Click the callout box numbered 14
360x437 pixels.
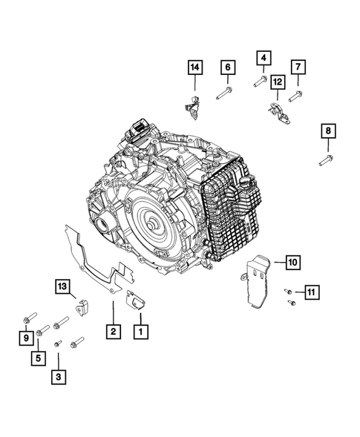195,68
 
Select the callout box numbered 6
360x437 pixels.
228,68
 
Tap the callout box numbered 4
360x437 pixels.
264,58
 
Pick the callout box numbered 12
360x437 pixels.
278,82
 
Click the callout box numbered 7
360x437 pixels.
298,67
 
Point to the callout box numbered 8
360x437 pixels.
328,131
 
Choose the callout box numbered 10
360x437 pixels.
292,262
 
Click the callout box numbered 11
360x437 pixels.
312,292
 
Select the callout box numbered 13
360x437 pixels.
62,286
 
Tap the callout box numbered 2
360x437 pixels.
114,332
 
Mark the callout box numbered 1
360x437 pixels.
141,332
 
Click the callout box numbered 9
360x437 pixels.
26,338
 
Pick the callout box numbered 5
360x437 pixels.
38,358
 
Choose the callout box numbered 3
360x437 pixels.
59,377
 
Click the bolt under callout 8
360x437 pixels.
326,160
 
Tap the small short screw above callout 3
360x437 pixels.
58,344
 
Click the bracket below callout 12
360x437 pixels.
280,114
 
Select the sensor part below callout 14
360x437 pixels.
193,108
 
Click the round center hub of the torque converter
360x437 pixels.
152,225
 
